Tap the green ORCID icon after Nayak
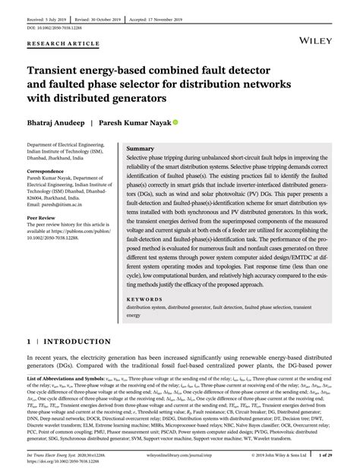[x=175, y=122]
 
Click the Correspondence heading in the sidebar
[x=48, y=172]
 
